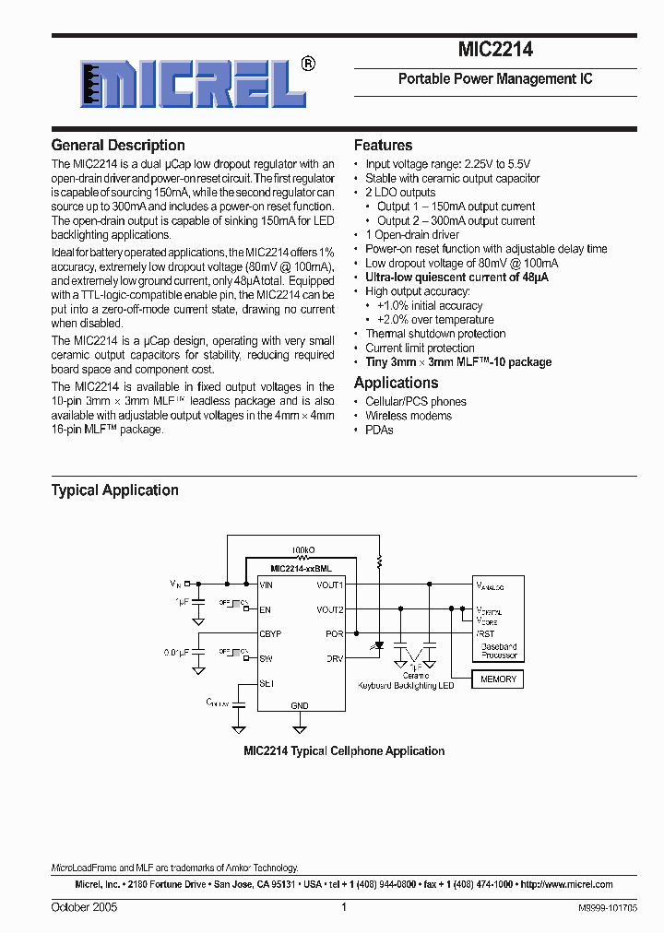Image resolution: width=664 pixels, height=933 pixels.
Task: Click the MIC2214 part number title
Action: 495,51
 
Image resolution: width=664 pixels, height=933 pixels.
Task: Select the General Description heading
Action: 118,146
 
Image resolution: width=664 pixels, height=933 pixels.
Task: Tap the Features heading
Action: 383,146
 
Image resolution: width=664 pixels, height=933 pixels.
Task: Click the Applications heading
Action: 396,383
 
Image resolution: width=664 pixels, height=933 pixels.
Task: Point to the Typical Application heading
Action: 114,490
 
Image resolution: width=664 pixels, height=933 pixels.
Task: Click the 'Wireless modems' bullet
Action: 409,416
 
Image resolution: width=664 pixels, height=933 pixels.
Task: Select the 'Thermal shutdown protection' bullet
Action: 435,334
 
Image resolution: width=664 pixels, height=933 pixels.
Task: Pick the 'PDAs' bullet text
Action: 379,430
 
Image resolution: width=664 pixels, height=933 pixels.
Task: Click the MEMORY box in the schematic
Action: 498,679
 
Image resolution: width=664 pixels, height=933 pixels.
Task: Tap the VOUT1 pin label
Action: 329,585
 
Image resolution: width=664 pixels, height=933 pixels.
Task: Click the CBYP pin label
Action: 271,634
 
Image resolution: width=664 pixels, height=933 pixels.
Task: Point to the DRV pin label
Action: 335,659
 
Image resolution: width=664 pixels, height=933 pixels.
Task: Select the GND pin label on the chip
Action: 300,704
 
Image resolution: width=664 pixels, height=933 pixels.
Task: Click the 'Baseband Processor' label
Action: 499,651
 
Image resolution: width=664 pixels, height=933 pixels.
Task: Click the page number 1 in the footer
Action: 343,907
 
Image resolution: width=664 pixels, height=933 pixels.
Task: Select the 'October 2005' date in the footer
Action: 84,907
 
